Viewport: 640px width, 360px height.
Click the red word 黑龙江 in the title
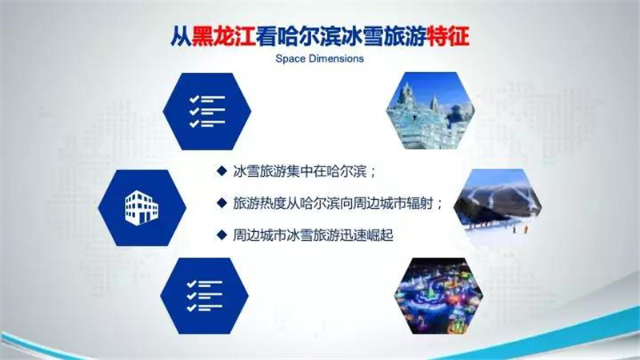[x=224, y=36]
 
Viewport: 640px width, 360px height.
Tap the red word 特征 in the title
[x=448, y=36]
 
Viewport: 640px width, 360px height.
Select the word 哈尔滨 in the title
[x=309, y=36]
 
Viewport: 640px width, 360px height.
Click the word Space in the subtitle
[x=290, y=58]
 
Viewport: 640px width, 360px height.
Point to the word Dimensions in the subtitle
[x=335, y=58]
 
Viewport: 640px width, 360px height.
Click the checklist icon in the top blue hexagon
[x=207, y=111]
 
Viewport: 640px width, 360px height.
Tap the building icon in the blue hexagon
[x=142, y=208]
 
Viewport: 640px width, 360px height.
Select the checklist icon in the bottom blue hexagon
[x=205, y=296]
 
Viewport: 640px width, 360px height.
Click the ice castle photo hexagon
[x=430, y=110]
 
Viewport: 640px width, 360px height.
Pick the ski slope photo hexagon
[x=498, y=207]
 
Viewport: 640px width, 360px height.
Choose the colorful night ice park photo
[x=438, y=296]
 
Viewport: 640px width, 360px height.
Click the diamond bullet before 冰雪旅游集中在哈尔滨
[x=222, y=171]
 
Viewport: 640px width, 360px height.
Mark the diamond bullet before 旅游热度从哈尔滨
[x=222, y=203]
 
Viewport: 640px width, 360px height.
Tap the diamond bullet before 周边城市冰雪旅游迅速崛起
[x=222, y=234]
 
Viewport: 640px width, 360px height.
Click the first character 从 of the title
[x=181, y=36]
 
